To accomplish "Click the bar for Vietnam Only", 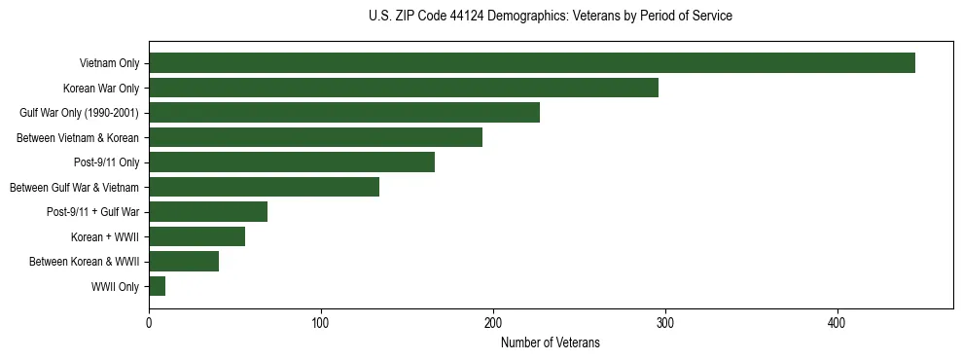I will tap(532, 63).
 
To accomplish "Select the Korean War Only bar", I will tap(404, 88).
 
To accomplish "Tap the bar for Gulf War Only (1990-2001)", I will tap(344, 113).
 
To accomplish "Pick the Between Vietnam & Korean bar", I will tap(315, 137).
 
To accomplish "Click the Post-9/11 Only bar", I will tap(292, 162).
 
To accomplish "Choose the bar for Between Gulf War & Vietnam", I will tap(264, 187).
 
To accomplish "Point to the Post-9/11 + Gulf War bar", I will tap(208, 212).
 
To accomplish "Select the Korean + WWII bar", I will tap(196, 236).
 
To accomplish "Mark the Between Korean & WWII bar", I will tap(184, 262).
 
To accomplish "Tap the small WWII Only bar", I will tap(158, 286).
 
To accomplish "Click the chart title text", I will tap(551, 17).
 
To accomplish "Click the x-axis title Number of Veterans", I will tap(551, 343).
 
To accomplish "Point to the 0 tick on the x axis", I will tap(149, 323).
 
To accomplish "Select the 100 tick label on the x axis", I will tap(321, 323).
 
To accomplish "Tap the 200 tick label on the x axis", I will tap(493, 323).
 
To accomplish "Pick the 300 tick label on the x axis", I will tap(665, 323).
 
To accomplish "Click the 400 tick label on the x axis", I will tap(837, 323).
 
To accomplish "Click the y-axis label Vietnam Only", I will tap(109, 63).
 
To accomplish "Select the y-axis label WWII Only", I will tap(115, 287).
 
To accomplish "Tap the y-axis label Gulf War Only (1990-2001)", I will tap(79, 113).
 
